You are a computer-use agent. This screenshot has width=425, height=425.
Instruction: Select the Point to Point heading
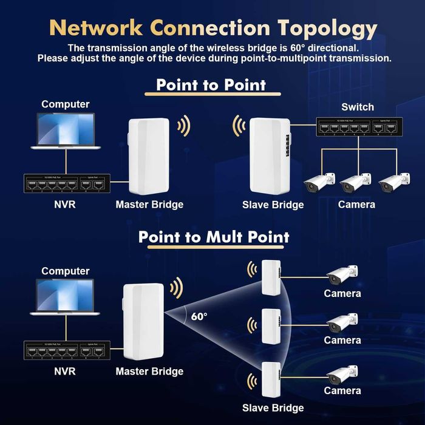[211, 84]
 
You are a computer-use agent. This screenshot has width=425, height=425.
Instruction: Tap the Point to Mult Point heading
[214, 236]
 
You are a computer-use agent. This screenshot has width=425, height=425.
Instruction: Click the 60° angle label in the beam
[199, 316]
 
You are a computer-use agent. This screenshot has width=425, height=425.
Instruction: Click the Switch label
[358, 107]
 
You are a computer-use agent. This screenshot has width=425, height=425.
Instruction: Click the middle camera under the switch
[356, 183]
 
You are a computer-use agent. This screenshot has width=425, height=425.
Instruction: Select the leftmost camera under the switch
[319, 183]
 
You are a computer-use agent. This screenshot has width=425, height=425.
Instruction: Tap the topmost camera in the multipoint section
[342, 275]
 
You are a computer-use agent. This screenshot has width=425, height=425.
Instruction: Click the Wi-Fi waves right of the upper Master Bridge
[183, 126]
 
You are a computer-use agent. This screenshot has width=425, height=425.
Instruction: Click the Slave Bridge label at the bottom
[273, 408]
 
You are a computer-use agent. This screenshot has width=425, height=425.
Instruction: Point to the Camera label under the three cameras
[356, 205]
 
